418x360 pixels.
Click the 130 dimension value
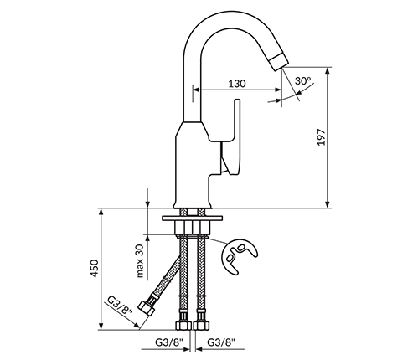click(237, 84)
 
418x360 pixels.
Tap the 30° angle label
click(303, 81)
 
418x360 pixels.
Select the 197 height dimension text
click(322, 137)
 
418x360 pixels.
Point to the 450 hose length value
click(95, 268)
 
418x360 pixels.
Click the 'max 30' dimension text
click(140, 260)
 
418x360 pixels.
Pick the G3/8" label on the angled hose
click(120, 309)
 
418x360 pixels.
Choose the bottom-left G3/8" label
click(169, 342)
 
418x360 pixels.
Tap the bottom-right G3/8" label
click(221, 342)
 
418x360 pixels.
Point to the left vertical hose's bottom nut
click(183, 325)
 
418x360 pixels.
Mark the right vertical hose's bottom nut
click(201, 325)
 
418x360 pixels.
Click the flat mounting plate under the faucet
click(192, 218)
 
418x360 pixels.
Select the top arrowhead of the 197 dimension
click(328, 70)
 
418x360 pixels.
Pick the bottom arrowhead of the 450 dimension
click(101, 327)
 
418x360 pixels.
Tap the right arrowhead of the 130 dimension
click(278, 90)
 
